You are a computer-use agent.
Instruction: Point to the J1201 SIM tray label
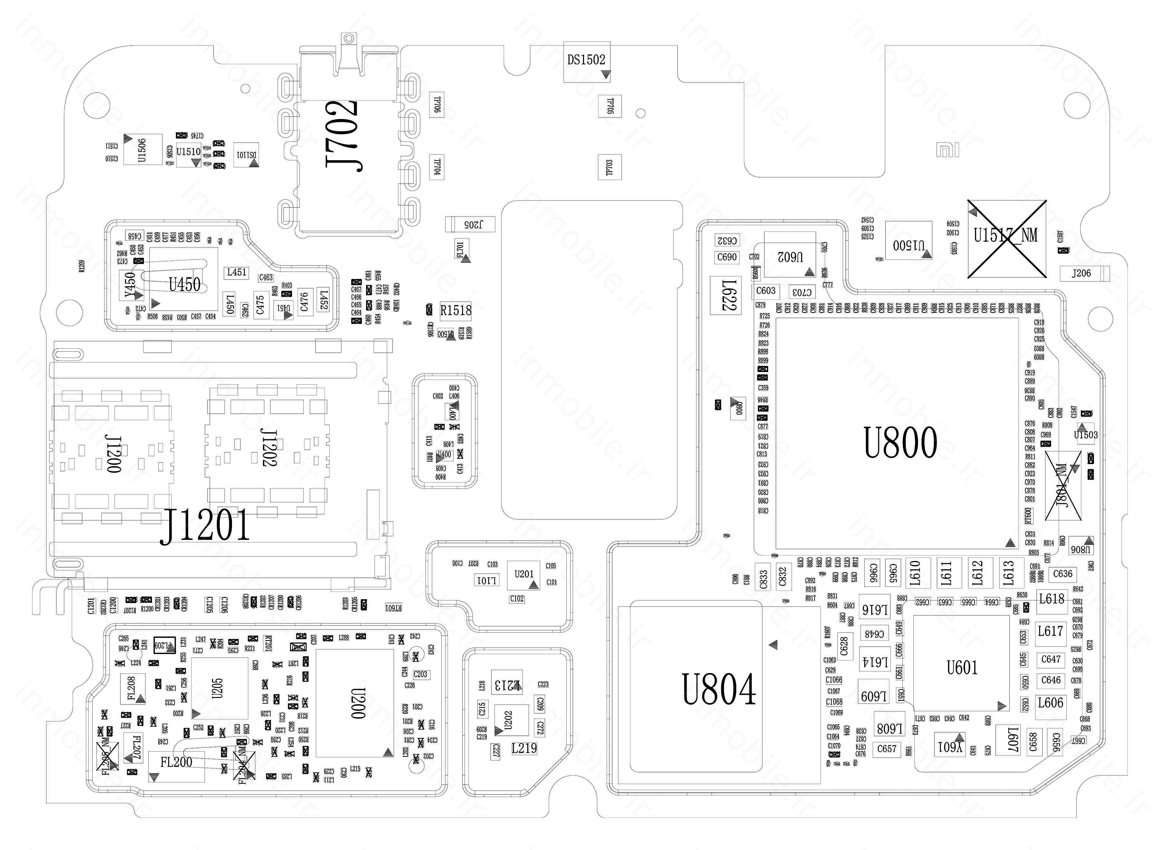(x=205, y=525)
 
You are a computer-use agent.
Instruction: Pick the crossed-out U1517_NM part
(x=1006, y=239)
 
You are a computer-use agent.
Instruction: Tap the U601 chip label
(x=962, y=668)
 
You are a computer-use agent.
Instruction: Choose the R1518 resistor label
(x=456, y=310)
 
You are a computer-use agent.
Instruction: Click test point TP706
(x=437, y=104)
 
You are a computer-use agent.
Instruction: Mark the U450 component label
(x=184, y=284)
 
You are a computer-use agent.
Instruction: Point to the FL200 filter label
(x=176, y=762)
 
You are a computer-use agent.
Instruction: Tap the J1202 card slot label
(x=268, y=448)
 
